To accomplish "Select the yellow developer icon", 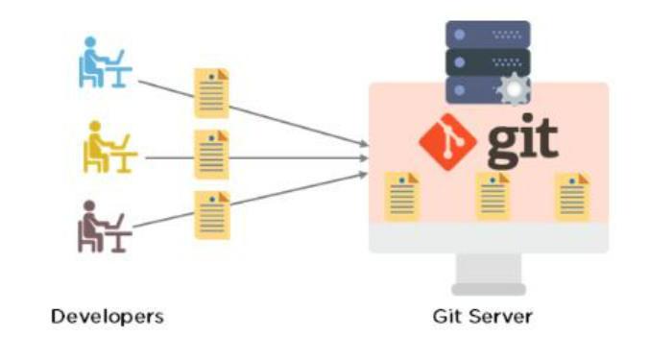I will (x=105, y=148).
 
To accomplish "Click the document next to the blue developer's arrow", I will (x=212, y=92).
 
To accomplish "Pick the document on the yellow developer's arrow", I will (x=212, y=155).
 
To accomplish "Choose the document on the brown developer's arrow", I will (x=212, y=215).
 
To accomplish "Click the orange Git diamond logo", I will (x=447, y=140).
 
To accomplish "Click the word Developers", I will (x=107, y=316).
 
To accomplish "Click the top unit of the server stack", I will (x=487, y=35).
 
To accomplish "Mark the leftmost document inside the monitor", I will (x=400, y=196).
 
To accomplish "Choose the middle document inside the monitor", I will (x=493, y=196).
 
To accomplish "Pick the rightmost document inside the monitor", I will (x=572, y=196).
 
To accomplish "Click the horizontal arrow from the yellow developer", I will (x=288, y=156).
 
